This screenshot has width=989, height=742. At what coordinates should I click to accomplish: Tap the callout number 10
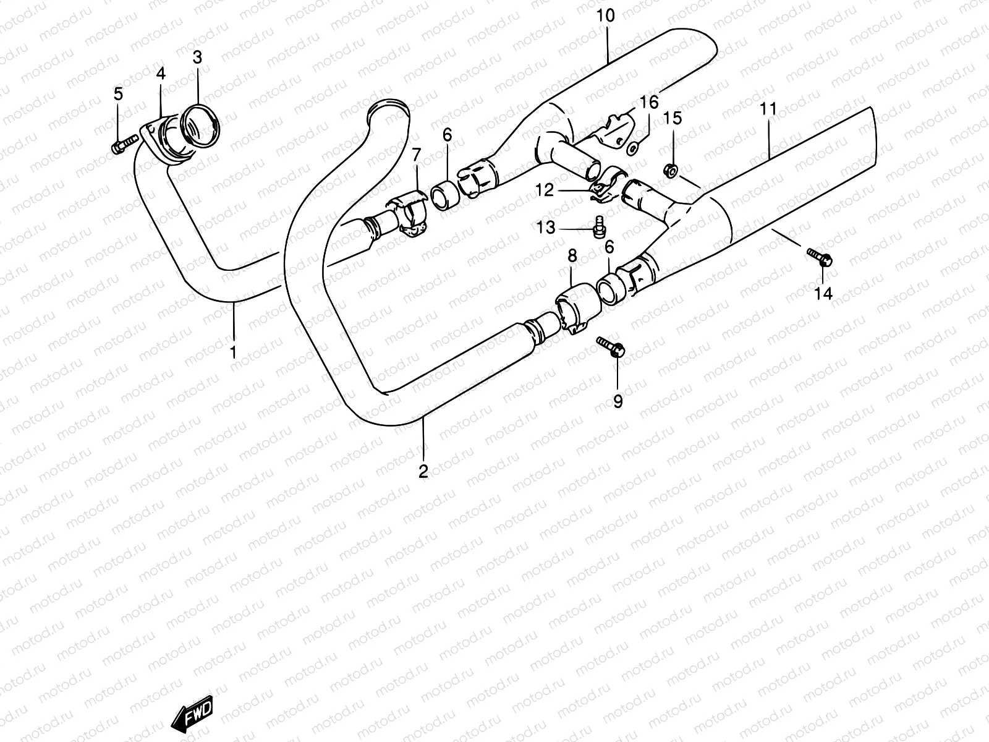[x=606, y=16]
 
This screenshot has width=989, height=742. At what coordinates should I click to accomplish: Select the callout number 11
[x=768, y=109]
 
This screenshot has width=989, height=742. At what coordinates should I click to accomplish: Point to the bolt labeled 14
[x=820, y=257]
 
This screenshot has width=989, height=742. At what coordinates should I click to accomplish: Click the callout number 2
[x=423, y=472]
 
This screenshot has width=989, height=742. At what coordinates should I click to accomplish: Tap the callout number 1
[x=234, y=352]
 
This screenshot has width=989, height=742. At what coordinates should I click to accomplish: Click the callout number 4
[x=161, y=74]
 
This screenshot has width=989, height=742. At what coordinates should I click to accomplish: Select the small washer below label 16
[x=632, y=148]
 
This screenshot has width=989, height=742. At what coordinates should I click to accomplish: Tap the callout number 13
[x=546, y=228]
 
